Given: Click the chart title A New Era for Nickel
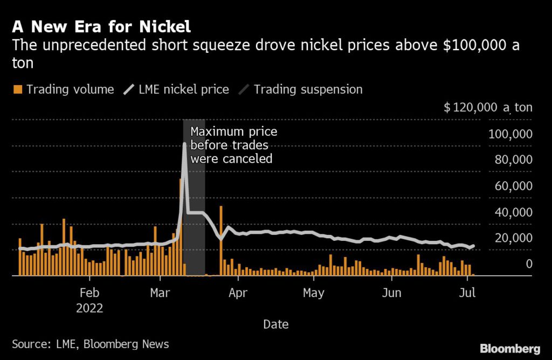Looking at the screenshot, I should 101,26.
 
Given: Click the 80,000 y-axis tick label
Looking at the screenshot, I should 513,160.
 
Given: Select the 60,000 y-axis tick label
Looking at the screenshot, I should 513,186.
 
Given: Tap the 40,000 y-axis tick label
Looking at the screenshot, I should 513,212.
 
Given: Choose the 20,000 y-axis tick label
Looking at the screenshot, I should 513,238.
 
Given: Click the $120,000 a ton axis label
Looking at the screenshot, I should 488,107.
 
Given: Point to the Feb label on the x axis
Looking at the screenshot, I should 89,293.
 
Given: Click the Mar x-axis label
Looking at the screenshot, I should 161,293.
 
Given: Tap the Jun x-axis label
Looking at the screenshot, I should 391,293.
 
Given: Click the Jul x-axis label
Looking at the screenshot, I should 467,293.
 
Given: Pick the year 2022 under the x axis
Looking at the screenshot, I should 89,309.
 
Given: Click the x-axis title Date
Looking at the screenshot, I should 275,324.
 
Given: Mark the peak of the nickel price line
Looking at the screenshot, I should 184,144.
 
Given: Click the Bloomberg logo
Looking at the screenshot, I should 510,348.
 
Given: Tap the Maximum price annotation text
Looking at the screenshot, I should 233,145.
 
